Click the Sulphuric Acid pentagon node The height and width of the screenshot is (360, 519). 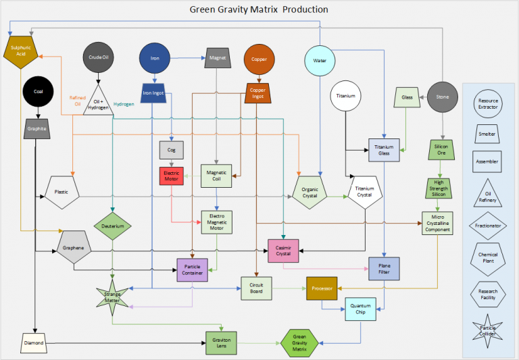(18, 53)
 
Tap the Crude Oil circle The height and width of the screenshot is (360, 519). (99, 57)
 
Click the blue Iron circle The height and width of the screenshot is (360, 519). (155, 58)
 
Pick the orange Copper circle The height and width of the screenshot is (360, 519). (258, 58)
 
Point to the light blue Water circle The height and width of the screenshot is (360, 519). (320, 61)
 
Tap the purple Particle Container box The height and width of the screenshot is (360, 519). (193, 270)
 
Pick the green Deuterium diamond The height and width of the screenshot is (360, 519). (112, 226)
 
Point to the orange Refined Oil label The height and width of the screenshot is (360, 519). (76, 101)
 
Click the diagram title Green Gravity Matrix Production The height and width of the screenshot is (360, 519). (259, 9)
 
